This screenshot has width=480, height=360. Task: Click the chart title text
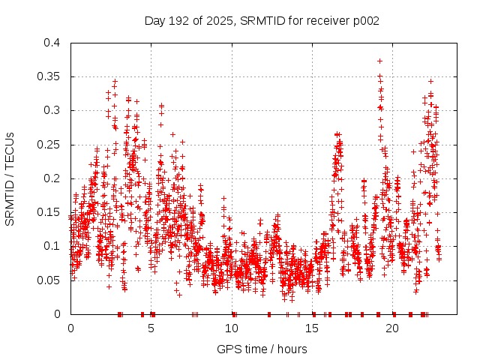point(262,21)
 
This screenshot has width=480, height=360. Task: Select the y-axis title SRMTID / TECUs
point(10,178)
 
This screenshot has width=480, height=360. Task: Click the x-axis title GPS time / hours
point(262,349)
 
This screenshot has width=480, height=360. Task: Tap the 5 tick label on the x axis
point(151,328)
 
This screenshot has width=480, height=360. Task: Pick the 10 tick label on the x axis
point(232,328)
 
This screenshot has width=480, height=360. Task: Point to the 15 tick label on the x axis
point(313,328)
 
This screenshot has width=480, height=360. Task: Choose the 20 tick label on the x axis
point(394,328)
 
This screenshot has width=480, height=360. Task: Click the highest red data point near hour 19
point(380,61)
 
